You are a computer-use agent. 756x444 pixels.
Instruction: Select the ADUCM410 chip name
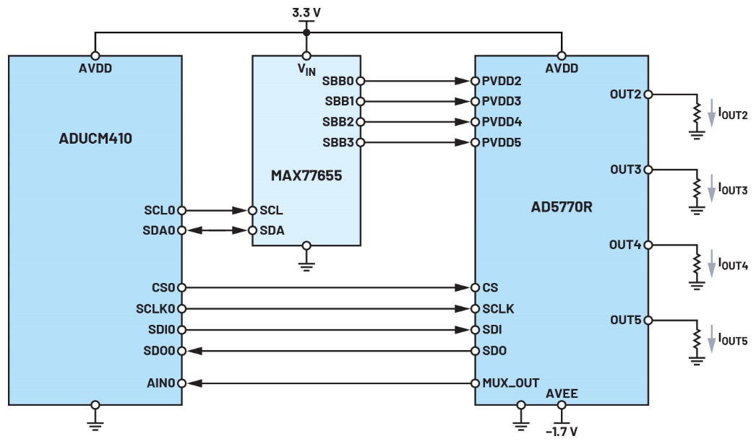coord(95,138)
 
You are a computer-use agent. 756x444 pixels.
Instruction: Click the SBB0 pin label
coord(340,81)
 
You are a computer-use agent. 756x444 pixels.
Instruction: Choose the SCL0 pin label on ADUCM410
coord(160,210)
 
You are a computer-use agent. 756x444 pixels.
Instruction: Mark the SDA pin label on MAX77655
coord(272,230)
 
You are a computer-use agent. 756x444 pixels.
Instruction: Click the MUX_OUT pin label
coord(510,382)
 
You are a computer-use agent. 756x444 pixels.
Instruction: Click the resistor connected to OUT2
coord(697,113)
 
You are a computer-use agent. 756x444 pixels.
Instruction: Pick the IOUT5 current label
coord(732,340)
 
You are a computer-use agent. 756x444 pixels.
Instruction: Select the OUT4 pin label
coord(625,245)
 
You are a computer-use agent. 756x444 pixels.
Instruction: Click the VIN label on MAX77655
coord(306,69)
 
